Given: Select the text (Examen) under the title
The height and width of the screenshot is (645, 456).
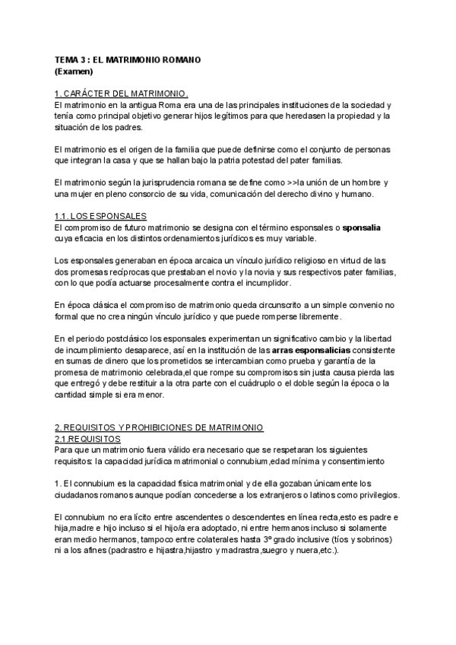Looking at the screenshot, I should click(x=74, y=71).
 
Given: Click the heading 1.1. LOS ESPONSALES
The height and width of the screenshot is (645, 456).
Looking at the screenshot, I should click(x=101, y=216).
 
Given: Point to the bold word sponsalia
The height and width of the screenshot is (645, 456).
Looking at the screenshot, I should click(x=363, y=227).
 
